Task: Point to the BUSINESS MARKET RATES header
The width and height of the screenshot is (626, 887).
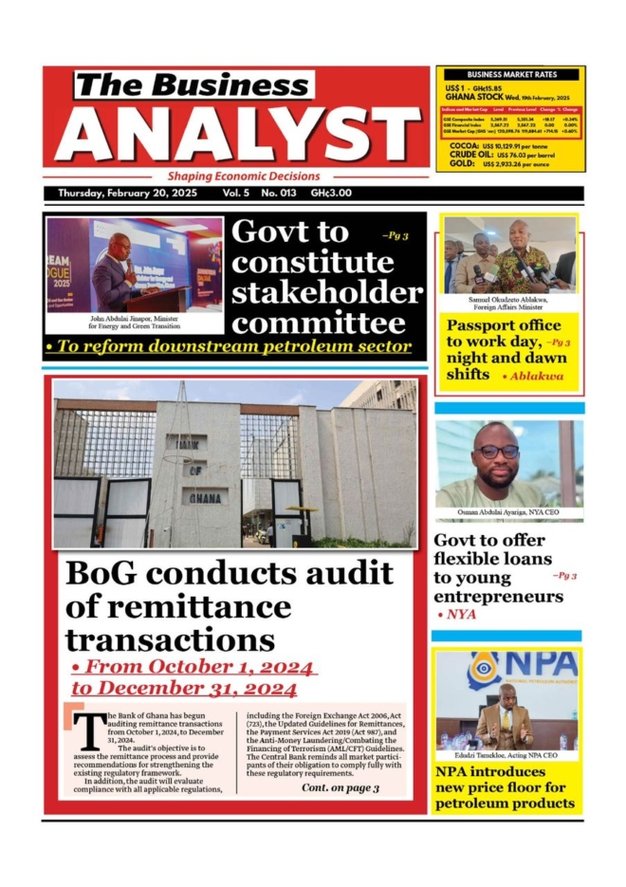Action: [510, 74]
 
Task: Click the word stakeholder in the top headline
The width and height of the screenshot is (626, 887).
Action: [326, 291]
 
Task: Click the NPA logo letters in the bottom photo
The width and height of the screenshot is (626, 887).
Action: [540, 664]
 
